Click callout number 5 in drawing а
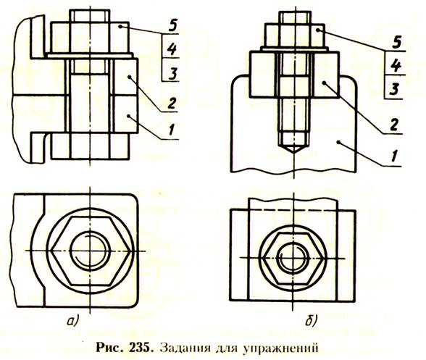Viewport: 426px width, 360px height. tap(172, 26)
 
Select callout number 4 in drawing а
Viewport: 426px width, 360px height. tap(172, 49)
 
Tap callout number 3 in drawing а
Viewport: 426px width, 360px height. tap(172, 73)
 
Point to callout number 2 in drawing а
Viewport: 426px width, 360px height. tap(172, 104)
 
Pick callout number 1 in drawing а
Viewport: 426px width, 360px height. tap(172, 130)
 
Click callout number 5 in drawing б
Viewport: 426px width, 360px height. tap(397, 43)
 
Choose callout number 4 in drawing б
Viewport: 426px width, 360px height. tap(396, 66)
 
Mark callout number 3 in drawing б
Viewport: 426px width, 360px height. tap(394, 89)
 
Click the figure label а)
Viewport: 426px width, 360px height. tap(72, 321)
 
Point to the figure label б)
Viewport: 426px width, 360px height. tap(311, 321)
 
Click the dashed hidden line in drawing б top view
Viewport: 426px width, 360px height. tap(294, 210)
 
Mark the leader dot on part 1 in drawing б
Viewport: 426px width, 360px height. tap(338, 142)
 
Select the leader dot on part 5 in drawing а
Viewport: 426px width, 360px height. tap(120, 26)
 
